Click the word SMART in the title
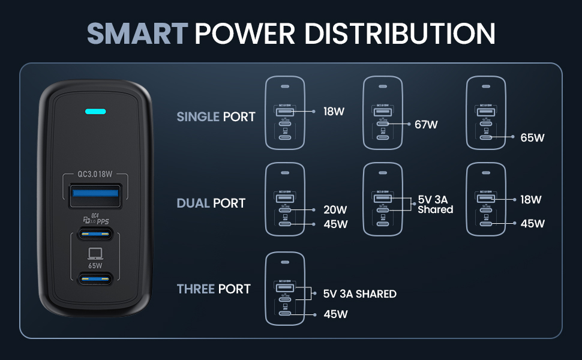click(137, 34)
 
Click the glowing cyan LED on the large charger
click(96, 112)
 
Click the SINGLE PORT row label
click(216, 116)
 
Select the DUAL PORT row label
click(211, 203)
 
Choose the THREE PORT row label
click(214, 289)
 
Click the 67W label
click(426, 125)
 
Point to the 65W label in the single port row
click(532, 137)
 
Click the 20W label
click(335, 210)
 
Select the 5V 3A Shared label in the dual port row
click(435, 205)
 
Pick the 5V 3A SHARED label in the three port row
click(359, 294)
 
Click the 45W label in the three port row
click(335, 314)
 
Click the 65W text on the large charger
click(95, 264)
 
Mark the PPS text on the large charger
click(103, 221)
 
